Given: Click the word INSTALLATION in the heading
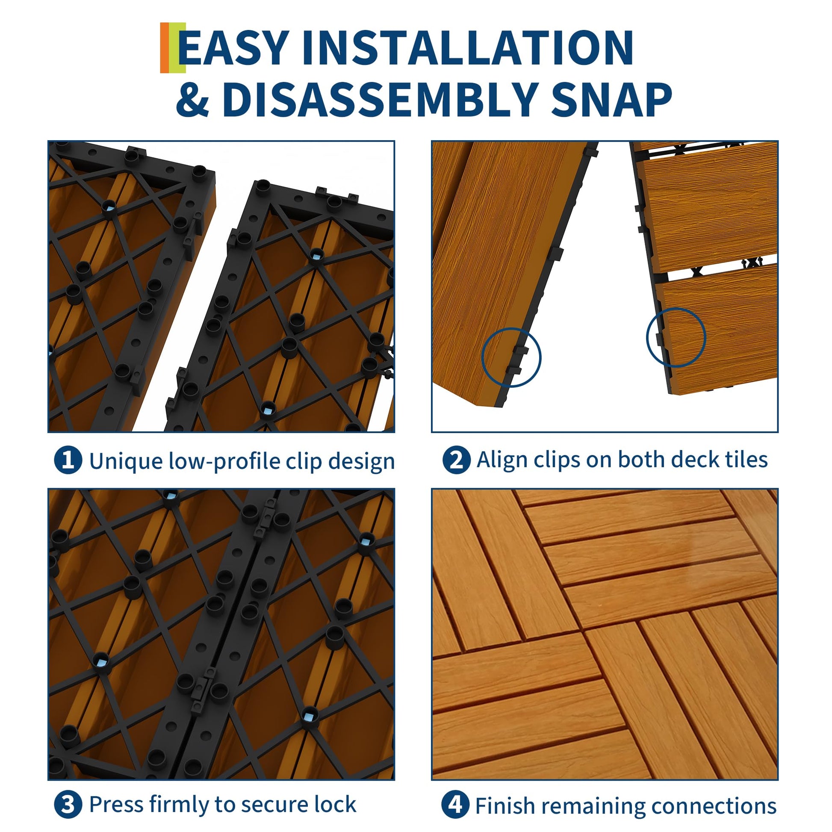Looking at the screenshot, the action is click(x=468, y=48).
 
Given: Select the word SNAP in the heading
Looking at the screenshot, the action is click(x=611, y=100).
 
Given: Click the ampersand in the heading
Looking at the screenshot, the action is click(x=192, y=100).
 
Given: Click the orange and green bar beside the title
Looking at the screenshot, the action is click(x=173, y=48).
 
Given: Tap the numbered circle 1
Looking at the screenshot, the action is click(x=68, y=460).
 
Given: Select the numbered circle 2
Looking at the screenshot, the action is click(x=456, y=460).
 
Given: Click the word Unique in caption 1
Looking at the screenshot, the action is click(x=126, y=462).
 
